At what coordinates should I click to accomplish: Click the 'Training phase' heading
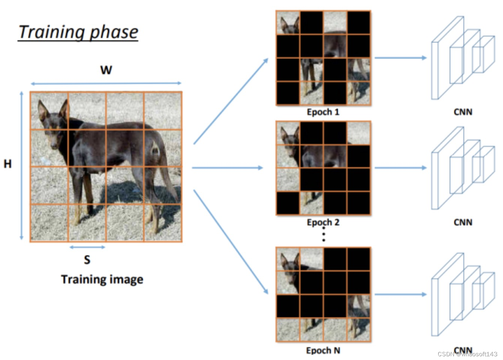[x=78, y=32]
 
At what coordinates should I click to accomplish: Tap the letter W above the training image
[x=106, y=70]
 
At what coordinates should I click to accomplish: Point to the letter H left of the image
[x=7, y=164]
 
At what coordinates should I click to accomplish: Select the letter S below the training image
[x=87, y=259]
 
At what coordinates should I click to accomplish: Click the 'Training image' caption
[x=102, y=279]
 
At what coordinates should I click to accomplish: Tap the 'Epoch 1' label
[x=323, y=112]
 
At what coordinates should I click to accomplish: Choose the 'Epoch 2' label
[x=323, y=222]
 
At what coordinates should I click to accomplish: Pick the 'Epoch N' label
[x=323, y=351]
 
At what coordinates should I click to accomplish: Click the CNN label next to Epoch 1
[x=463, y=112]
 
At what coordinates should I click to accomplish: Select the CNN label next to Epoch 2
[x=463, y=222]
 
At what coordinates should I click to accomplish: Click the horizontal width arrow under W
[x=106, y=83]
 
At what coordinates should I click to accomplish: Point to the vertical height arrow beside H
[x=21, y=165]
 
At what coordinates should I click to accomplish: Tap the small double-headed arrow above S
[x=87, y=247]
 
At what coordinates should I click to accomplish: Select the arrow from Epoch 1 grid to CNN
[x=400, y=58]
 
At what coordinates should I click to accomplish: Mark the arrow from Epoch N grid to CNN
[x=400, y=294]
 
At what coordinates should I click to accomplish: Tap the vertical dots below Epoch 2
[x=323, y=235]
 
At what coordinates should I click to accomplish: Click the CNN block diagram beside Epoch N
[x=463, y=295]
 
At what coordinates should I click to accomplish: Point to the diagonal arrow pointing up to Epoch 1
[x=231, y=101]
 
